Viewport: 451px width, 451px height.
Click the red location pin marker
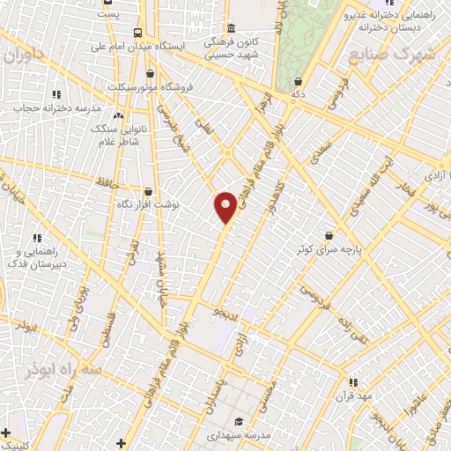226,206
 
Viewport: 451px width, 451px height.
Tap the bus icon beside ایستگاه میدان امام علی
137,33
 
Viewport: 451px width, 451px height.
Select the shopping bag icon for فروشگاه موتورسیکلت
151,73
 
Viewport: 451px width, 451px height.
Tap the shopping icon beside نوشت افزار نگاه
148,190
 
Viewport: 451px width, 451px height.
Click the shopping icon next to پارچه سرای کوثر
329,236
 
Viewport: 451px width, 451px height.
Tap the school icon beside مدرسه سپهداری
239,421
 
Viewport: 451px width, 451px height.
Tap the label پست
108,15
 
